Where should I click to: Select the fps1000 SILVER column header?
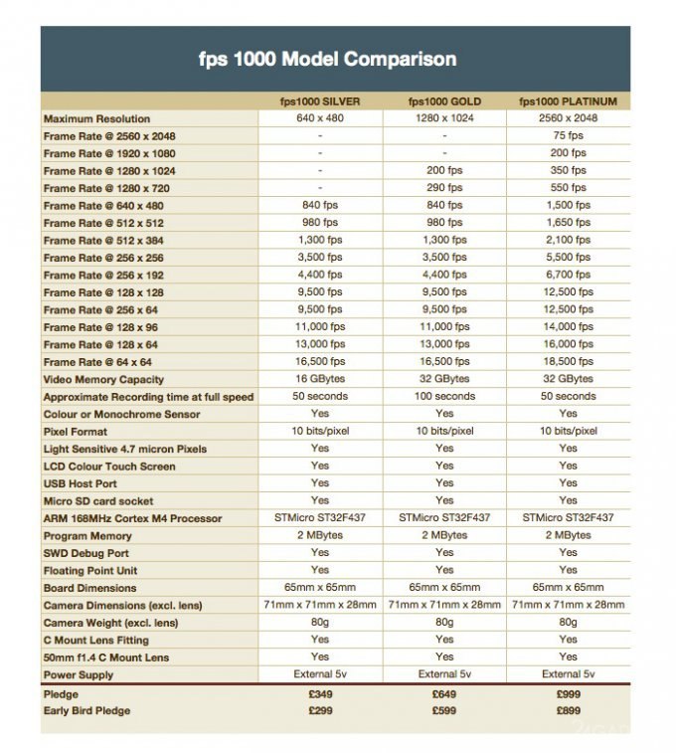point(319,101)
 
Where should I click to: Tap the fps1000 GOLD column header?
point(444,101)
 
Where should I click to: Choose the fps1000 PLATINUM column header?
point(568,101)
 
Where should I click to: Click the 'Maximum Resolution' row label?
point(97,119)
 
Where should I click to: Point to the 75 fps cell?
point(568,136)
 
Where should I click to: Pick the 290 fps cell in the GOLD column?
point(444,188)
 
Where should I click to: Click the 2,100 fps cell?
point(568,241)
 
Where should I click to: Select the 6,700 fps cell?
point(568,276)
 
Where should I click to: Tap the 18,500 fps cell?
point(568,362)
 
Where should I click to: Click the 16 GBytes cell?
point(319,379)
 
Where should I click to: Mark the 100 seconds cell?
point(444,396)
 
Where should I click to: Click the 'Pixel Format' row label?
point(76,432)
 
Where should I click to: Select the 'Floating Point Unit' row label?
point(91,570)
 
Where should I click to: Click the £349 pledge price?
point(319,693)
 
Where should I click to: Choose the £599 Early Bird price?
point(444,710)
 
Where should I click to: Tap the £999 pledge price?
point(568,693)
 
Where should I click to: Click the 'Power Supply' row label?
point(79,674)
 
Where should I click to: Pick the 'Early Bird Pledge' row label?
point(87,710)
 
